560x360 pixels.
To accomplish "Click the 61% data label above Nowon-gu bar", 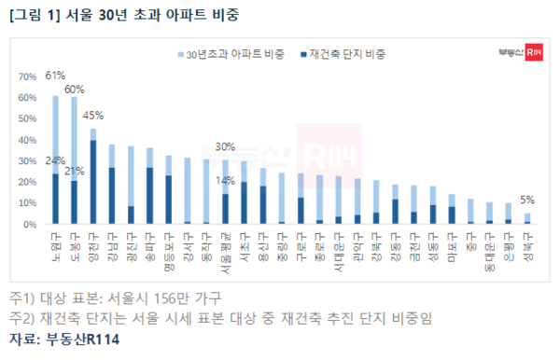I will pyautogui.click(x=56, y=76).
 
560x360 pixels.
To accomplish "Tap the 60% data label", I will pyautogui.click(x=75, y=89).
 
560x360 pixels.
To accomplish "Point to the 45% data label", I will pyautogui.click(x=93, y=116).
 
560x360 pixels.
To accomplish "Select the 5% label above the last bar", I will pyautogui.click(x=526, y=198).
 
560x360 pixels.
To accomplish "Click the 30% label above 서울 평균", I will pyautogui.click(x=225, y=146).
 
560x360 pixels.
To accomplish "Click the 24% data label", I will pyautogui.click(x=55, y=160).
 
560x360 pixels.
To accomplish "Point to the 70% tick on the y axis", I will pyautogui.click(x=28, y=76).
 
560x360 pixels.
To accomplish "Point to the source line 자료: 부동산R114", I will pyautogui.click(x=64, y=339).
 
